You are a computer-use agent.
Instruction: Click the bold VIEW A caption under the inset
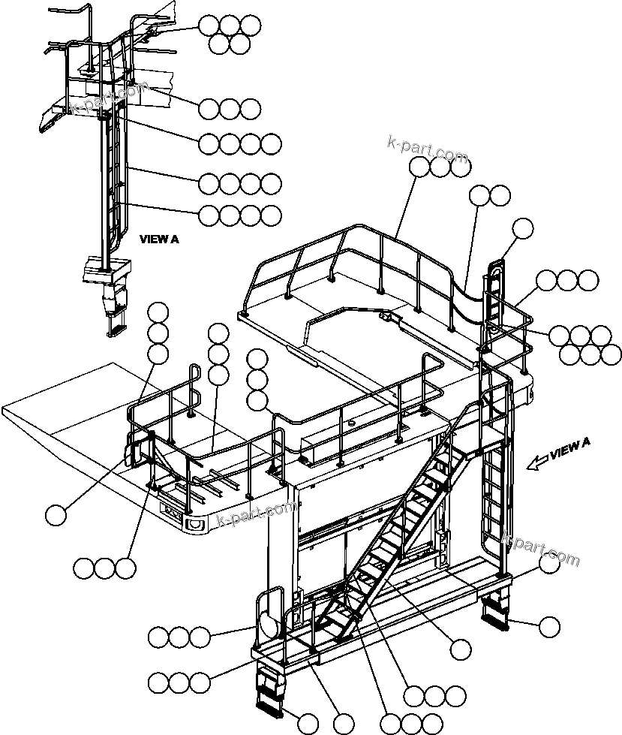pyautogui.click(x=159, y=239)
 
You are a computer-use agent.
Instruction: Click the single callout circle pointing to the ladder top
pyautogui.click(x=522, y=227)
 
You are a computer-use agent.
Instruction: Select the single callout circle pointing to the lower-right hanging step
pyautogui.click(x=550, y=626)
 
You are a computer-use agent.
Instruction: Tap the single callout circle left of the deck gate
pyautogui.click(x=56, y=515)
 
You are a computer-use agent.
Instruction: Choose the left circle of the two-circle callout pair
pyautogui.click(x=480, y=197)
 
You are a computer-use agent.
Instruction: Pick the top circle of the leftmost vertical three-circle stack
pyautogui.click(x=158, y=312)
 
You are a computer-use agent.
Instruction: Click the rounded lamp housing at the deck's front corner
pyautogui.click(x=196, y=523)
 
